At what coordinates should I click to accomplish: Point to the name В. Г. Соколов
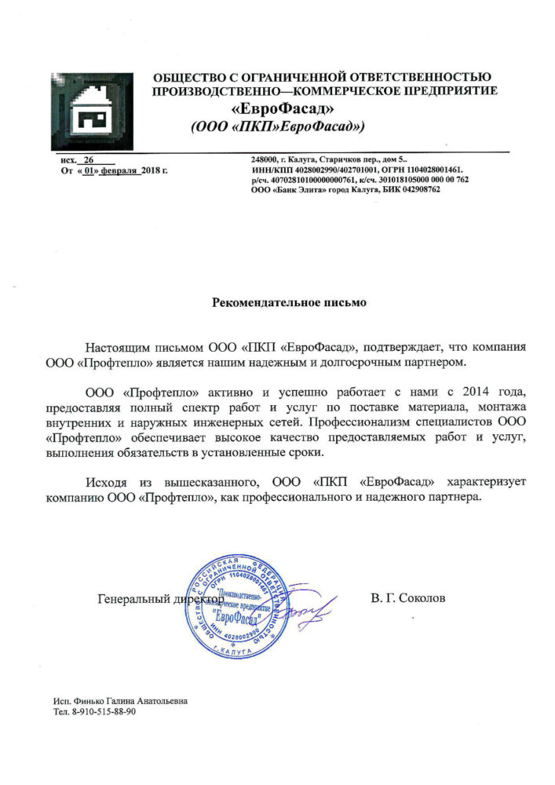click(407, 598)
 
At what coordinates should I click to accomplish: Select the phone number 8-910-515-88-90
click(102, 710)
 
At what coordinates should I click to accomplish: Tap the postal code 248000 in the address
click(265, 160)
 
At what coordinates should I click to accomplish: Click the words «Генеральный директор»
click(156, 599)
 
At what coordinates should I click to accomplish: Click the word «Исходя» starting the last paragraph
click(107, 480)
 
